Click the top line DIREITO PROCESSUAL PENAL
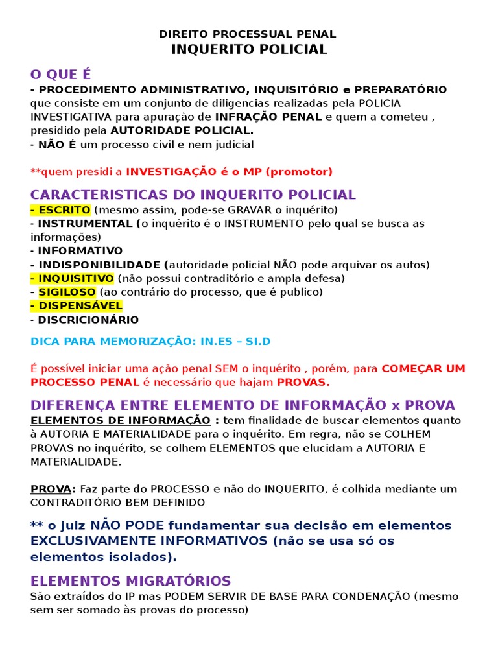pos(249,34)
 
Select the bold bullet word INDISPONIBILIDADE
pos(99,265)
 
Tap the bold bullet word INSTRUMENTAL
pos(85,224)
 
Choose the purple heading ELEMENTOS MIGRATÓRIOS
pos(130,581)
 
